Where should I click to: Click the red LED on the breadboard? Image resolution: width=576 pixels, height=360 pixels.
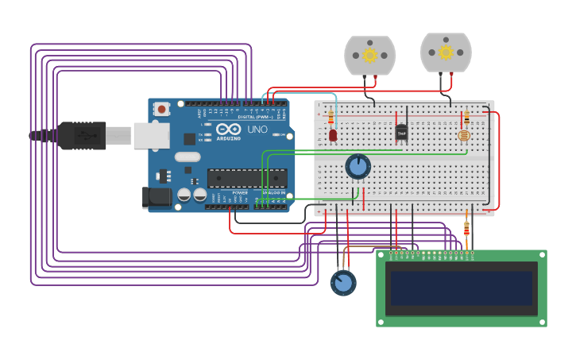click(x=333, y=136)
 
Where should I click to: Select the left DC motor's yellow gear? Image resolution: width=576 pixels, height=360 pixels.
click(x=369, y=56)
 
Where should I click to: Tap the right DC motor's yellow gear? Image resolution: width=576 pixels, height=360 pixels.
click(x=446, y=52)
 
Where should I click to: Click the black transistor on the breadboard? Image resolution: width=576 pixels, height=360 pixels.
click(x=401, y=132)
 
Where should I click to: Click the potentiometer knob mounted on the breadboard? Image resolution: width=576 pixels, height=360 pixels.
click(x=358, y=166)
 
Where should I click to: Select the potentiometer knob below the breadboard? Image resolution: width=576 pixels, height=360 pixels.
click(x=343, y=282)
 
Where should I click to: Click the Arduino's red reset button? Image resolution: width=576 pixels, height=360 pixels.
click(x=162, y=109)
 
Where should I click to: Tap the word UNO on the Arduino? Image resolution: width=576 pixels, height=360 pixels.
click(x=257, y=129)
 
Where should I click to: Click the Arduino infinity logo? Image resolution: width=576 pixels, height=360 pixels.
click(x=228, y=129)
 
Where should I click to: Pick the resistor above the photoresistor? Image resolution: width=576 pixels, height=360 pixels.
click(x=466, y=118)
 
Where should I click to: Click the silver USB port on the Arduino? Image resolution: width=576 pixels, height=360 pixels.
click(x=151, y=135)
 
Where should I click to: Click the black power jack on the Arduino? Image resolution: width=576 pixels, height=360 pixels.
click(x=157, y=197)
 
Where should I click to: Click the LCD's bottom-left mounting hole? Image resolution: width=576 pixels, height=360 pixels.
click(x=381, y=322)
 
